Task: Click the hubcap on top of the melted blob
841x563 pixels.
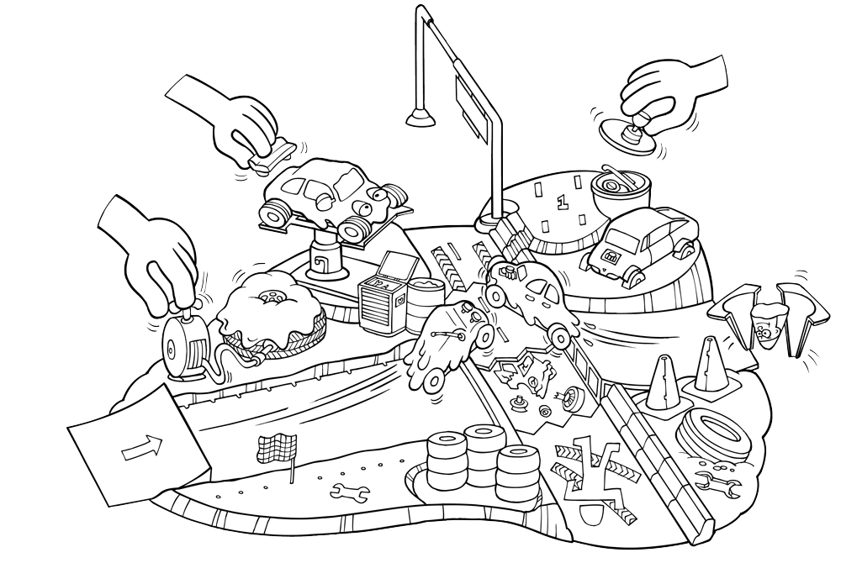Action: [272, 297]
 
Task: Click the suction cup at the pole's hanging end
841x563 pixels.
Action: [421, 118]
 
